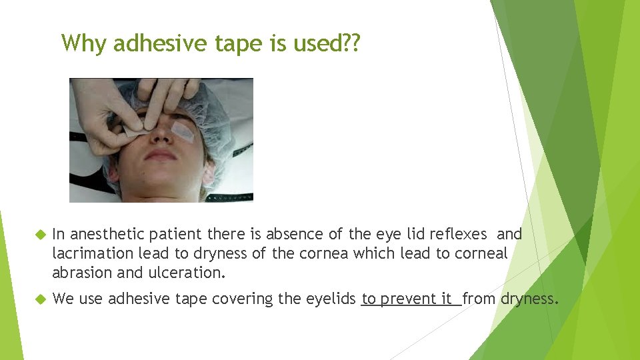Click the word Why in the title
coord(85,43)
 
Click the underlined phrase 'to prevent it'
coord(407,299)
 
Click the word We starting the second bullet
coord(63,299)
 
